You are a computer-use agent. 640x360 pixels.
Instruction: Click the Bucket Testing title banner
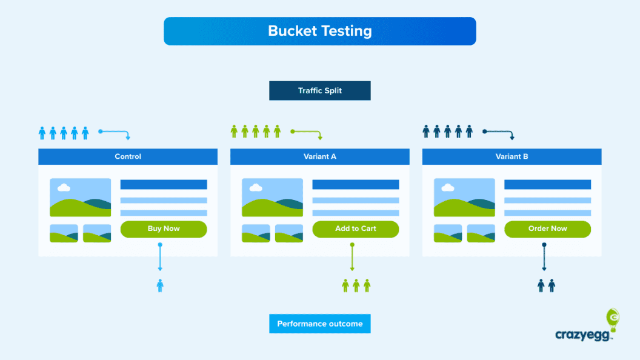tap(319, 31)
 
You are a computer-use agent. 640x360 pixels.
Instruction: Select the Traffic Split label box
tap(319, 91)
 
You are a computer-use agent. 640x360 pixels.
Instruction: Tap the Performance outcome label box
tap(319, 324)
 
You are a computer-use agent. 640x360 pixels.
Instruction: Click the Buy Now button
tap(164, 228)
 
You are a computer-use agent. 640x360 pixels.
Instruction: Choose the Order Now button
tap(547, 228)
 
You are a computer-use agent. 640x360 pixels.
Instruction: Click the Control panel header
tap(128, 156)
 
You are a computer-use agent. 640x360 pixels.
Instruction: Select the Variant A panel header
tap(319, 156)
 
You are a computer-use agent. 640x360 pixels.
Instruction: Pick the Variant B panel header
tap(512, 156)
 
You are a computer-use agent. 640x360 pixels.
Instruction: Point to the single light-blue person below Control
tap(160, 285)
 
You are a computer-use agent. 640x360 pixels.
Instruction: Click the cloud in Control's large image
tap(64, 188)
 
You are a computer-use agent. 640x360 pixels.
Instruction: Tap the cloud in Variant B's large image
tap(447, 188)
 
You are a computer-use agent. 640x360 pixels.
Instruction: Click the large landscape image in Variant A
tap(272, 198)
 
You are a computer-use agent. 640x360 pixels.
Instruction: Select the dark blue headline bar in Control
tap(164, 184)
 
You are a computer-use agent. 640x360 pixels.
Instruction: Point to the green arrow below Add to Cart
tap(352, 258)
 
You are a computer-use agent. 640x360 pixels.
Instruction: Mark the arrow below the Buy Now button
tap(160, 258)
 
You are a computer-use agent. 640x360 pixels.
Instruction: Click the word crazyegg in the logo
tap(578, 335)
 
